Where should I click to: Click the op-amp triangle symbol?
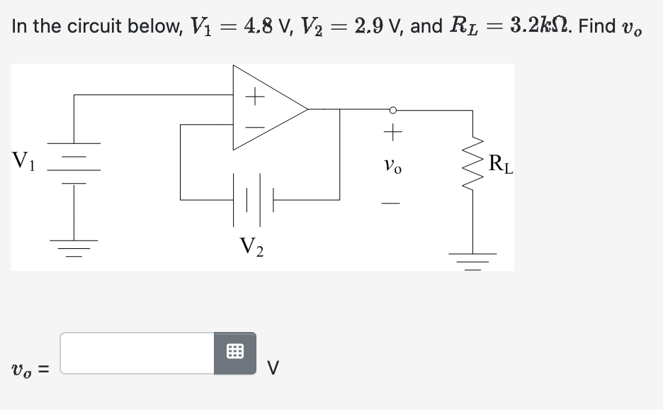[x=269, y=109]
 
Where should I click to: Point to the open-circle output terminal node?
[x=392, y=110]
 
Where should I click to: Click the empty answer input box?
[x=137, y=353]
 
